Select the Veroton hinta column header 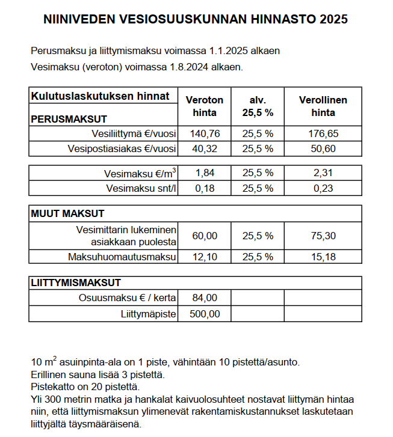pos(204,106)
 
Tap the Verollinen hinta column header pos(323,106)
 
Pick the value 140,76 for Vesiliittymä pos(204,133)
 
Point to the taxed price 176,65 pos(323,133)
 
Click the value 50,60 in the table pos(323,148)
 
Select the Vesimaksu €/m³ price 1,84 pos(204,173)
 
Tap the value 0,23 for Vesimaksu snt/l pos(323,188)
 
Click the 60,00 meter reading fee pos(204,236)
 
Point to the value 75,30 pos(323,236)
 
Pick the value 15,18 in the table pos(323,257)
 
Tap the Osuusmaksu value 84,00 pos(204,298)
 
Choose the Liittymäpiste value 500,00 pos(204,314)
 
